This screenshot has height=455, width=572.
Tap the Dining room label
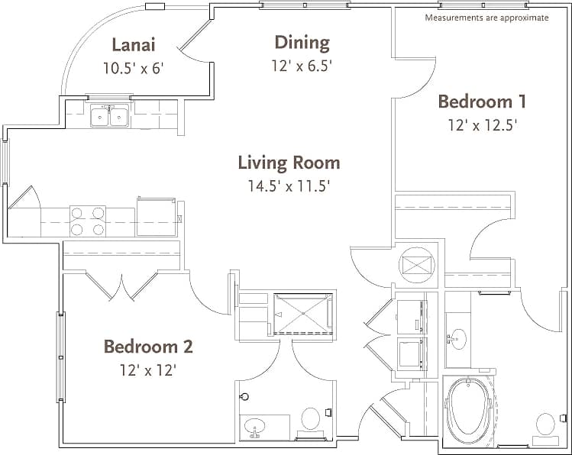[302, 43]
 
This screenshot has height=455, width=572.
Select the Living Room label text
[289, 163]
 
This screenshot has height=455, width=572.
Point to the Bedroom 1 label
[482, 102]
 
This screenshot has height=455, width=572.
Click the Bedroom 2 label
[148, 347]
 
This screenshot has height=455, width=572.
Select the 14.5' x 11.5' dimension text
[289, 186]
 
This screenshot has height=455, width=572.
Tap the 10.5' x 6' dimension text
[133, 67]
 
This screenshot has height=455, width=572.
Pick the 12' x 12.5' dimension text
[482, 125]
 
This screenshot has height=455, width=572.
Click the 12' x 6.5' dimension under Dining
[302, 66]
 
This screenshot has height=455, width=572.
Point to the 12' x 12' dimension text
[148, 370]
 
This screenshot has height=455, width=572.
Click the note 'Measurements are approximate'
[486, 18]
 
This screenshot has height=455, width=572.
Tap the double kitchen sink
[109, 117]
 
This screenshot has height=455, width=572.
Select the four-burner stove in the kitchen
[88, 221]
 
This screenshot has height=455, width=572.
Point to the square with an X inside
[418, 266]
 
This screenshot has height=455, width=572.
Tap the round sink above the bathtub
[459, 339]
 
